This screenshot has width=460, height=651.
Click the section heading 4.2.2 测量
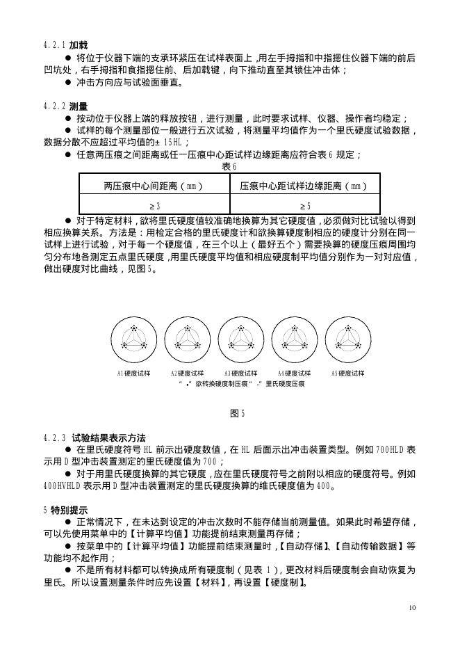pos(65,106)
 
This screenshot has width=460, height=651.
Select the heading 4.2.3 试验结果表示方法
pos(94,437)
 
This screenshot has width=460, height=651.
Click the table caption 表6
pos(229,166)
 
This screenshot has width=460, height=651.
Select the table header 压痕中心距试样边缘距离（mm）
pos(304,186)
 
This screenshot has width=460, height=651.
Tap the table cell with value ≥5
pos(304,206)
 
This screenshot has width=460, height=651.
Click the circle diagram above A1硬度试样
pos(133,339)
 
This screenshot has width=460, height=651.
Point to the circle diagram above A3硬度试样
pos(240,339)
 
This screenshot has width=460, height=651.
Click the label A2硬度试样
pos(187,373)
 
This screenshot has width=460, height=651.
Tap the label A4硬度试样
pos(294,373)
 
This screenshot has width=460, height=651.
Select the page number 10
pos(412,608)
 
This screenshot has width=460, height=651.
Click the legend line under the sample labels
pos(240,383)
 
